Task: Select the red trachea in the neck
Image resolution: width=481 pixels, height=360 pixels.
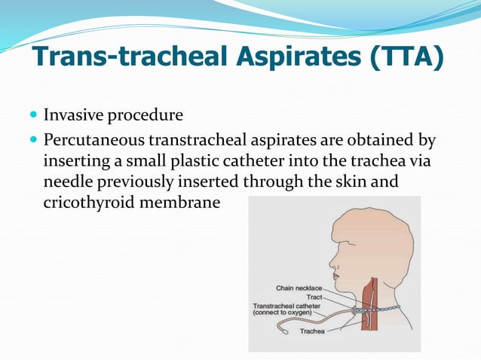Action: click(x=371, y=316)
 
